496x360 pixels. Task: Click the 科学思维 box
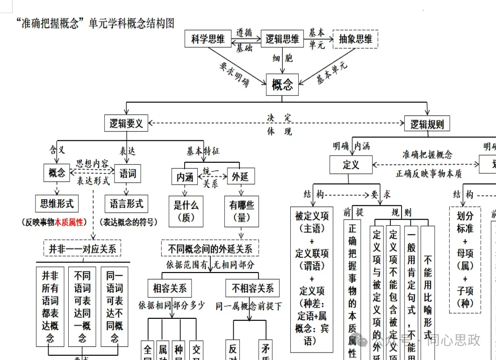click(208, 39)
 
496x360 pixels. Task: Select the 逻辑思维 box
click(282, 39)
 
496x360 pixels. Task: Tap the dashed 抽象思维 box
click(355, 39)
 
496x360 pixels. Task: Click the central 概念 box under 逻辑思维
click(282, 85)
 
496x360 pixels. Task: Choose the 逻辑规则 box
click(427, 124)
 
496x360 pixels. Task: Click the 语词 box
click(127, 174)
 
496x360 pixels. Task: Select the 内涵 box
click(185, 177)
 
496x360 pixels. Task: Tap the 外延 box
click(240, 177)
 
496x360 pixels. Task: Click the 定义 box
click(351, 165)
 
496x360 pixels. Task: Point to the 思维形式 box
click(57, 204)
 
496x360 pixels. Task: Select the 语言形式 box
click(126, 204)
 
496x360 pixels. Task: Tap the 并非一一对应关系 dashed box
click(82, 248)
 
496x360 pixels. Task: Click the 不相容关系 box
click(253, 288)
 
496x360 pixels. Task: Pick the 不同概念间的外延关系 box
click(210, 249)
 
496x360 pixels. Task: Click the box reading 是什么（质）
click(186, 211)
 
